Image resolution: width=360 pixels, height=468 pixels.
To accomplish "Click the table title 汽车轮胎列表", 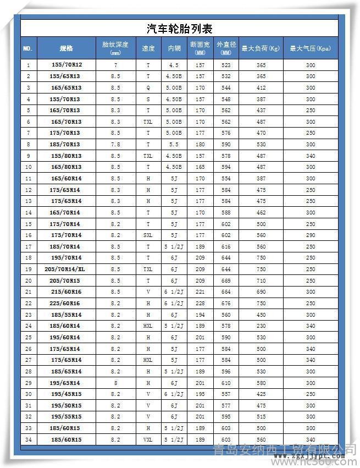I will pos(180,29).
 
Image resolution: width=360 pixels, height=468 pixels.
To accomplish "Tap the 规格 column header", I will pos(66,48).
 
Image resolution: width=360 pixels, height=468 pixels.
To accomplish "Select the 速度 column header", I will pos(148,48).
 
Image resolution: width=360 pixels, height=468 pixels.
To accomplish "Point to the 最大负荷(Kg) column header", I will pos(261,48).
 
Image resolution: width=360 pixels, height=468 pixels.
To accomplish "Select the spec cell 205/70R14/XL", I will pos(65,269).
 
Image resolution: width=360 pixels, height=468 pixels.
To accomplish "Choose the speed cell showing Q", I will pos(148,87).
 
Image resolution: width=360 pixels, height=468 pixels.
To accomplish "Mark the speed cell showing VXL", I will pos(148,440).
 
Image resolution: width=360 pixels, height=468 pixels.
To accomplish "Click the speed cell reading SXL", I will pos(148,235).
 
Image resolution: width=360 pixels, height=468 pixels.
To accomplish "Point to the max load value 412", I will pos(261,87).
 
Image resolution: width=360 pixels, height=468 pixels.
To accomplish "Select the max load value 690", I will pos(261,292).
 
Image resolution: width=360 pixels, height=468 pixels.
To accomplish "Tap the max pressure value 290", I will pos(311,235).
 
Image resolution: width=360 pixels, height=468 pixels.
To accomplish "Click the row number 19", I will pos(28,269).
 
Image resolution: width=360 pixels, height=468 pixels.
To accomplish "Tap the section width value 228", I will pos(200,304).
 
